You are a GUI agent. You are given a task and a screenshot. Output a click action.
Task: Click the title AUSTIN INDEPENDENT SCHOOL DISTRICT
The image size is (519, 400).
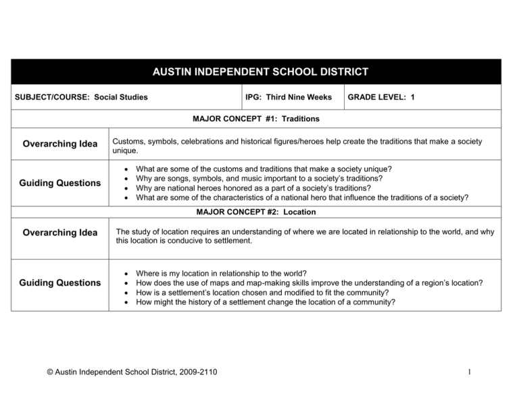tap(259, 72)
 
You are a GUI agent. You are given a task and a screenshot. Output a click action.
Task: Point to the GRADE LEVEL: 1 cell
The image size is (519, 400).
tap(380, 97)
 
